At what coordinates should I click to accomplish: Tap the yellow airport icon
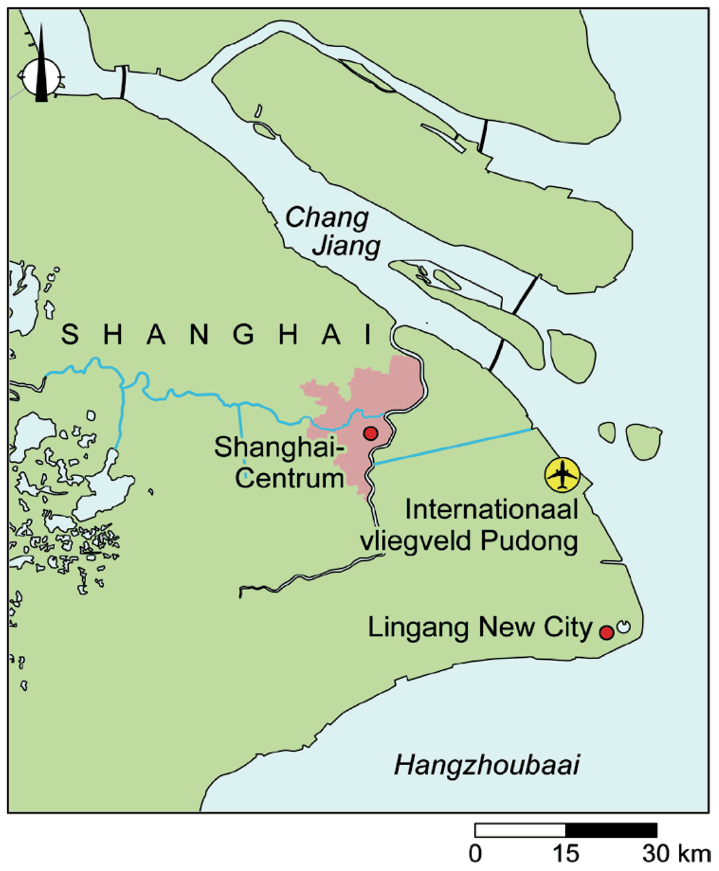pyautogui.click(x=562, y=474)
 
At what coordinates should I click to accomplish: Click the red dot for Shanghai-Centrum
pyautogui.click(x=370, y=433)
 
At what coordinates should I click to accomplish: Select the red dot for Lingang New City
pyautogui.click(x=606, y=632)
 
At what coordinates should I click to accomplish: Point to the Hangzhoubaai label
pyautogui.click(x=486, y=765)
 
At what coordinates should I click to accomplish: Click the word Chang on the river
pyautogui.click(x=327, y=218)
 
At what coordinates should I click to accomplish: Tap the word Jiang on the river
pyautogui.click(x=346, y=246)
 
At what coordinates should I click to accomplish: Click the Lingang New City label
pyautogui.click(x=480, y=627)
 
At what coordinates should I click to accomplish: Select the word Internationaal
pyautogui.click(x=491, y=510)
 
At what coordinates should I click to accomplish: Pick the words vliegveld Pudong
pyautogui.click(x=469, y=541)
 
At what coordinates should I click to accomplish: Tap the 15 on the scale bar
pyautogui.click(x=565, y=854)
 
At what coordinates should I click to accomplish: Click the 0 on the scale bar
pyautogui.click(x=475, y=854)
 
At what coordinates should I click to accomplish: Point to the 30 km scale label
pyautogui.click(x=676, y=854)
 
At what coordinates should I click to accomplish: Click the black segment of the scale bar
pyautogui.click(x=611, y=830)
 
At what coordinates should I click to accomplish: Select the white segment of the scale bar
pyautogui.click(x=520, y=830)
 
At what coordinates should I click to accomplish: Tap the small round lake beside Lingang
pyautogui.click(x=624, y=626)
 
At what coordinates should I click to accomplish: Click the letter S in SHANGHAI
pyautogui.click(x=70, y=335)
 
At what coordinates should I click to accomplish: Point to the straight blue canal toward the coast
pyautogui.click(x=453, y=446)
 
